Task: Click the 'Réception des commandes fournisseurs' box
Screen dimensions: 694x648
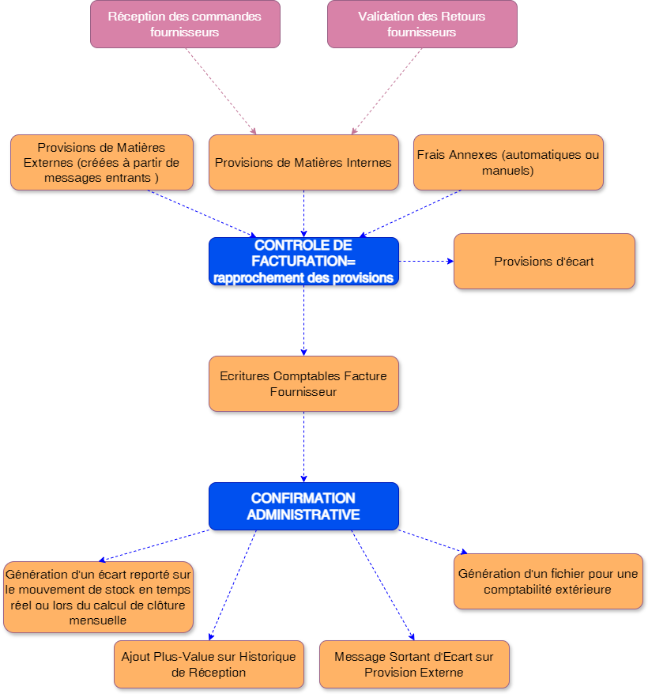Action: pyautogui.click(x=184, y=24)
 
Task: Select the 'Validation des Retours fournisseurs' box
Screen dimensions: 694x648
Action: pyautogui.click(x=422, y=24)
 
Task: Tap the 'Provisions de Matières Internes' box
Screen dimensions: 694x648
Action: pyautogui.click(x=303, y=162)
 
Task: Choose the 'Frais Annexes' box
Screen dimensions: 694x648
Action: pyautogui.click(x=508, y=162)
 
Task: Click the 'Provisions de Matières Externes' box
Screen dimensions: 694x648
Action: pyautogui.click(x=101, y=162)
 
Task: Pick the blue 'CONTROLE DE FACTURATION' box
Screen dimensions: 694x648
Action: pyautogui.click(x=303, y=261)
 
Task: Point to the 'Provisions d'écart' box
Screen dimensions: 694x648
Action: pyautogui.click(x=544, y=261)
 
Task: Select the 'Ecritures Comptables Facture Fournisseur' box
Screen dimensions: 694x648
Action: pyautogui.click(x=303, y=383)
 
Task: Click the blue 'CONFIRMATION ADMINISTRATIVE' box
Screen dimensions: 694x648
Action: pyautogui.click(x=303, y=506)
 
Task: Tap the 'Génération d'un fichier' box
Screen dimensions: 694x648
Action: pyautogui.click(x=548, y=581)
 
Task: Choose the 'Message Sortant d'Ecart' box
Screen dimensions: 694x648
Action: pyautogui.click(x=414, y=664)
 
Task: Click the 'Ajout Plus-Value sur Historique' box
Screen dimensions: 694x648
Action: pyautogui.click(x=209, y=664)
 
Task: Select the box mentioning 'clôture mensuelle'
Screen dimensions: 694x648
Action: pyautogui.click(x=98, y=597)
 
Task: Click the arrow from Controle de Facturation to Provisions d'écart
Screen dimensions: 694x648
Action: pyautogui.click(x=426, y=261)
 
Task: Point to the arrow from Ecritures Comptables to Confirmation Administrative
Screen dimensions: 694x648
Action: pyautogui.click(x=303, y=447)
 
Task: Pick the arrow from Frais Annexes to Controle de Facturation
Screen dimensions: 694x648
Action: pyautogui.click(x=411, y=213)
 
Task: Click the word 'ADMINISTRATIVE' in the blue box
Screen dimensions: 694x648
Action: pyautogui.click(x=303, y=515)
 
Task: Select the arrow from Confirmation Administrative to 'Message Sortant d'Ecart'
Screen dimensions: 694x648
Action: pyautogui.click(x=383, y=585)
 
